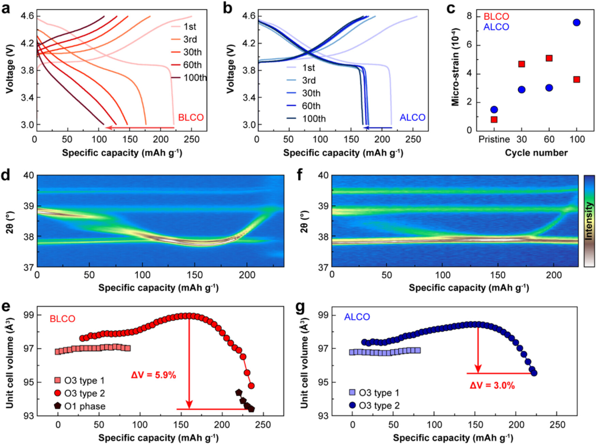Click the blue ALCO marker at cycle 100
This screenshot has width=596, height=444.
click(x=576, y=23)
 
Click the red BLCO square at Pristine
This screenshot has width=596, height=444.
click(x=494, y=119)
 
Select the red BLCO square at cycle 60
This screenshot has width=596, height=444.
click(x=549, y=58)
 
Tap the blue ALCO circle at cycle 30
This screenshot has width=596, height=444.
click(x=521, y=89)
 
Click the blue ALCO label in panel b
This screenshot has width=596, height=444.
click(x=413, y=117)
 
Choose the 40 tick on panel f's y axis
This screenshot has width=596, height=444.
click(x=321, y=175)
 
